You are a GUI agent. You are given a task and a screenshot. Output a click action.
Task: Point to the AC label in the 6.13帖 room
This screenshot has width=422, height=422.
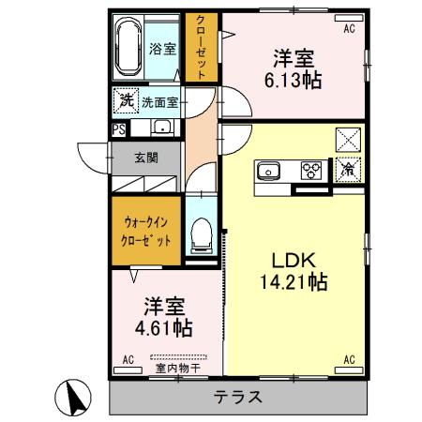tap(349, 28)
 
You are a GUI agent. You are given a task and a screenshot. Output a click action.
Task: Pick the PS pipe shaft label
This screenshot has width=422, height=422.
tap(119, 130)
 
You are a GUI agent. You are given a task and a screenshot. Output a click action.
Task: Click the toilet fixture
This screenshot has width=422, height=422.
tap(200, 234)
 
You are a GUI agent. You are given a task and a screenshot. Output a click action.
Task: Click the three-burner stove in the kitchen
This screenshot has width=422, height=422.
tap(310, 171)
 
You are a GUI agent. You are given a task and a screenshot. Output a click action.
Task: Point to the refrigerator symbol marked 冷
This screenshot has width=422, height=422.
tap(348, 170)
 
